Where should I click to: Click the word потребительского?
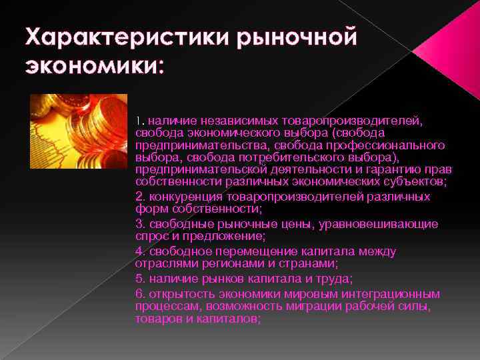pos(289,157)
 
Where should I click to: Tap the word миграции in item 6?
pos(313,306)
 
